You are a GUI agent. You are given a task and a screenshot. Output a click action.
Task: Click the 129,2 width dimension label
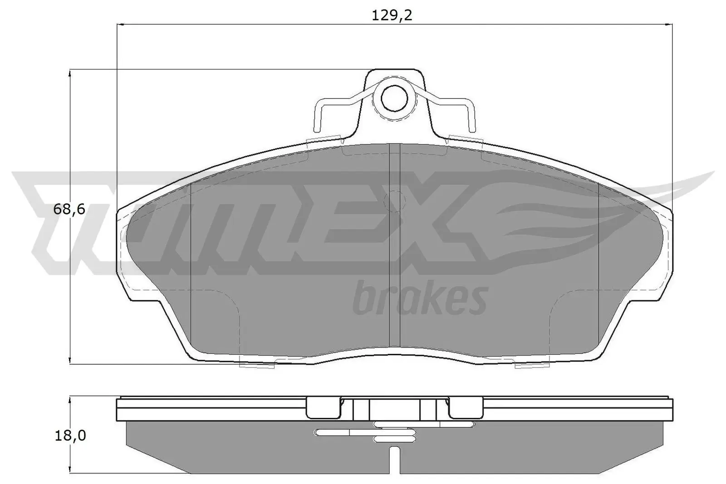392,15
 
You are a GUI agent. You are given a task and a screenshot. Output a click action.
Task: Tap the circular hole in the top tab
394,99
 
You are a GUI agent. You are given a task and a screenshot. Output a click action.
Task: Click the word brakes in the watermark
420,298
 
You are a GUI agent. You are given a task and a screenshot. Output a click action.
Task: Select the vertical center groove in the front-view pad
394,245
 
